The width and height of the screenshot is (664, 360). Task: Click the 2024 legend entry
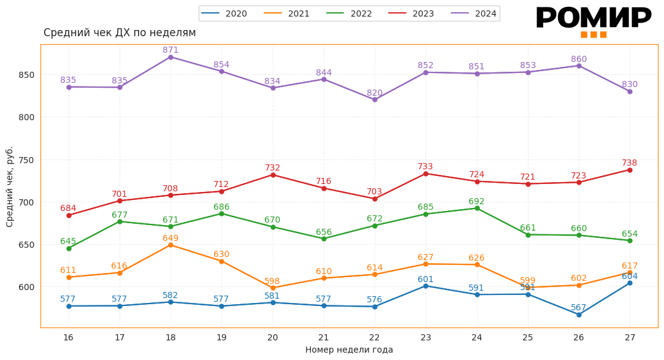coord(473,13)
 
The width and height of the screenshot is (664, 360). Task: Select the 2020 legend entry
coord(224,13)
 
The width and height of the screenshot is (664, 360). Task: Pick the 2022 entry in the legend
coord(349,13)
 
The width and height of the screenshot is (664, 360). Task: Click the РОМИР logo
coord(593,21)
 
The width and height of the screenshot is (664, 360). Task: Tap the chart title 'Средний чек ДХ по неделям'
coord(120,33)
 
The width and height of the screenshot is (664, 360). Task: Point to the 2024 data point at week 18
coord(170,57)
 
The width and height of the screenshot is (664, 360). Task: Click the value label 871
coord(170,50)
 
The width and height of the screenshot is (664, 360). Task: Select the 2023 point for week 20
coord(273,175)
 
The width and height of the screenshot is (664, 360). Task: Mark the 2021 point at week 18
coord(170,245)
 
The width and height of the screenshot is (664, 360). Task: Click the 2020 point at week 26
coord(579,315)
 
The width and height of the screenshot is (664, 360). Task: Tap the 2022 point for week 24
coord(477,208)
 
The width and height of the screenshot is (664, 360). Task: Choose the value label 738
coord(630,163)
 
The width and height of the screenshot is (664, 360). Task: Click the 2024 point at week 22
coord(375,99)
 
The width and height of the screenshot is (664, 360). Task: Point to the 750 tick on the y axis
coord(26,159)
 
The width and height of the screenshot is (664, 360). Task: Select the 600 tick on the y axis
coord(26,287)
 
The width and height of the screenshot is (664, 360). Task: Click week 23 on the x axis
coord(425,337)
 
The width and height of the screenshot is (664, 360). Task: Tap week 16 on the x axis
coord(68,337)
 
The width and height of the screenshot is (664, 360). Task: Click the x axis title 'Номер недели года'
coord(349,350)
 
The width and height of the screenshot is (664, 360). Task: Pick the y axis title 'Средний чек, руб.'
coord(10,186)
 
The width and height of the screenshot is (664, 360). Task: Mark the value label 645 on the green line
coord(68,241)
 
